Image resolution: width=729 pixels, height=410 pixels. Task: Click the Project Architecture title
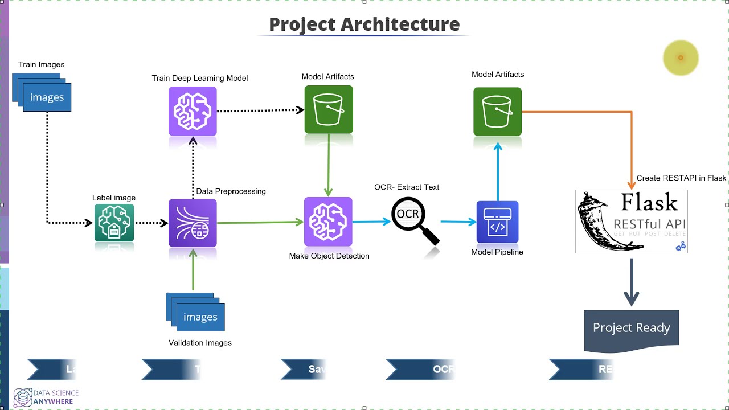click(364, 24)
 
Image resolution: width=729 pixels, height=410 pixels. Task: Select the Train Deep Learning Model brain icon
click(193, 111)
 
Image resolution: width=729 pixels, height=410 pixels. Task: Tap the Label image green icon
click(114, 223)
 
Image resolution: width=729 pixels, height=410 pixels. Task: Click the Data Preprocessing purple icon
click(193, 223)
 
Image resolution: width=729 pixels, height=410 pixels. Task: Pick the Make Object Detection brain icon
click(328, 222)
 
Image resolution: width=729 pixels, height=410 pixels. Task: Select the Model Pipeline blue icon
click(497, 222)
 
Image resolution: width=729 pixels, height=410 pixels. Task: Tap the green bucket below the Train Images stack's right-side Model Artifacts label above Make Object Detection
click(329, 109)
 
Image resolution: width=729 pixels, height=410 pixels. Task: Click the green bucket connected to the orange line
click(497, 111)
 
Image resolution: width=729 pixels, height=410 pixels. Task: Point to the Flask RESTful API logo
click(631, 222)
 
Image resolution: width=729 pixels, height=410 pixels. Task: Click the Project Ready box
click(631, 328)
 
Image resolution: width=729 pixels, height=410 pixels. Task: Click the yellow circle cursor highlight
click(681, 58)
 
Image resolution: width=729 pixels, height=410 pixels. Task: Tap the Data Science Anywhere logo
click(46, 396)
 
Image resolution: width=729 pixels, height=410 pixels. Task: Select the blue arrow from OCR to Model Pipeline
click(458, 222)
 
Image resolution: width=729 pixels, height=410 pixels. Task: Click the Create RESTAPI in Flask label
click(681, 178)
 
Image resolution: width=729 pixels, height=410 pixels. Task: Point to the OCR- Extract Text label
click(407, 187)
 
